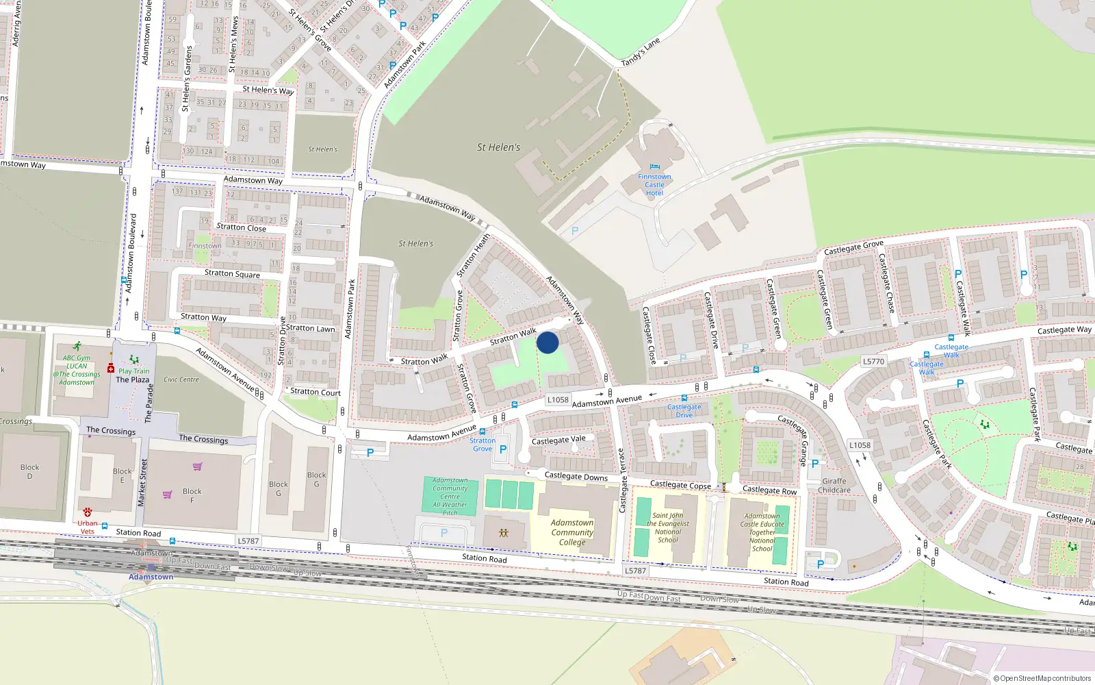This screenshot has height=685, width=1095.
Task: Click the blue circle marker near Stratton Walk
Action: click(547, 342)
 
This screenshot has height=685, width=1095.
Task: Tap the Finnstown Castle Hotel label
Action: click(654, 185)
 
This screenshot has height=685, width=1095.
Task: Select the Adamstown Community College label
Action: click(572, 532)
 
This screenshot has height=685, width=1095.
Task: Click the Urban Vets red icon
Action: click(88, 512)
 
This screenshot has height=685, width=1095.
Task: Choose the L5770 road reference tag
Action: click(873, 361)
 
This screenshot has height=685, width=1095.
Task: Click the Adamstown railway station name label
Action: click(151, 577)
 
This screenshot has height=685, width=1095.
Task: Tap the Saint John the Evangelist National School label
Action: click(668, 527)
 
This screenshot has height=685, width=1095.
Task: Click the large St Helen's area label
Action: click(498, 147)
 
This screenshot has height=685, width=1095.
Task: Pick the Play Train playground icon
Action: click(134, 360)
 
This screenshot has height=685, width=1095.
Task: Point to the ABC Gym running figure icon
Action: click(77, 347)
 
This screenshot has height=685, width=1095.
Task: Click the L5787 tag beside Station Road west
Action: click(248, 540)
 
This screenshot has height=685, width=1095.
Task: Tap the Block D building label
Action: click(29, 471)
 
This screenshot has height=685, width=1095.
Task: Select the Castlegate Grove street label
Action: click(853, 248)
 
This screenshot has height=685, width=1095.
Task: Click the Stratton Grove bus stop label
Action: click(482, 445)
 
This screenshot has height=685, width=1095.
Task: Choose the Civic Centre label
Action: click(181, 379)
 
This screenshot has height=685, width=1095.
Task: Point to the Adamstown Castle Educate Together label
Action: click(762, 532)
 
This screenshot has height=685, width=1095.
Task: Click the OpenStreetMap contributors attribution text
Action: click(1042, 678)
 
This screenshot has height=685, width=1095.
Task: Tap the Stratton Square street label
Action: click(232, 273)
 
